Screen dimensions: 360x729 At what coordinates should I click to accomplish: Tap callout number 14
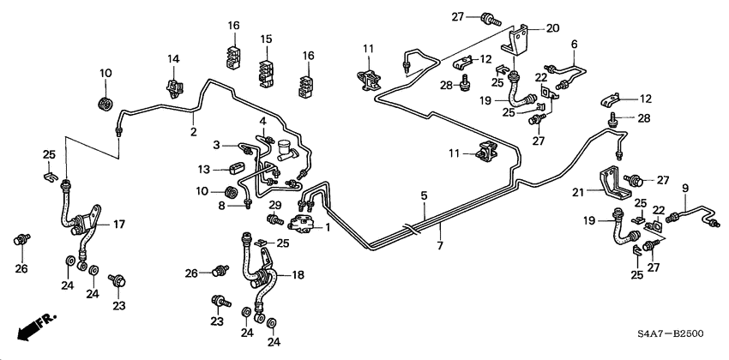(x=174, y=58)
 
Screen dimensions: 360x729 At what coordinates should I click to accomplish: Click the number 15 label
(x=266, y=39)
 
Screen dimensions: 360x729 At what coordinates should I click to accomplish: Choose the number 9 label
(x=685, y=188)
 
